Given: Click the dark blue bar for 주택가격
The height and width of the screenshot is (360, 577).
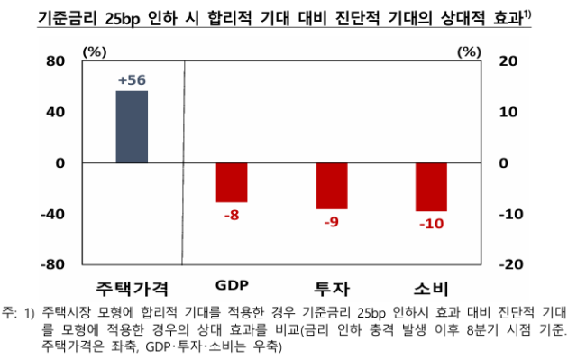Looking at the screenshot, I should [x=132, y=127].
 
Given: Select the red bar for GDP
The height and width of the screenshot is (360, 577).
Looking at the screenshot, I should [x=232, y=182].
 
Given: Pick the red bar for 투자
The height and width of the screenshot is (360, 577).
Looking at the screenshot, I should [x=331, y=186].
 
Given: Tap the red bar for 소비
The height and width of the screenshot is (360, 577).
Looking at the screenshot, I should [x=431, y=187].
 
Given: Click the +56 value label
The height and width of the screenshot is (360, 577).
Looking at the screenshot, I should [x=132, y=80].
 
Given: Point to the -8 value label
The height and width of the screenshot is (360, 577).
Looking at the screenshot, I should [x=232, y=214].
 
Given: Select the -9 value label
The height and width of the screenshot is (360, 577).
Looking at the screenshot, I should [x=331, y=221].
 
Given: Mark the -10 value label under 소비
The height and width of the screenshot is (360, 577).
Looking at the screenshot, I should [x=431, y=224].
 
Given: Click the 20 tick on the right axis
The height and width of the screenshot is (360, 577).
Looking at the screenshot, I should [x=508, y=61].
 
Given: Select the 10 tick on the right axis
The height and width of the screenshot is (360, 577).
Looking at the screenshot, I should [x=508, y=112].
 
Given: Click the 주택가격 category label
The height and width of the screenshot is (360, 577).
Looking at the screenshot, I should [x=132, y=288].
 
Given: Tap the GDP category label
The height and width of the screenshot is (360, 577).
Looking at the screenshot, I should [x=232, y=287].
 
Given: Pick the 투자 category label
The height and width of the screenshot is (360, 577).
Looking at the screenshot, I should [x=331, y=288].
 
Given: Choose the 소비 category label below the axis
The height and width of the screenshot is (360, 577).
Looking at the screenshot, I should [x=431, y=288].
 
